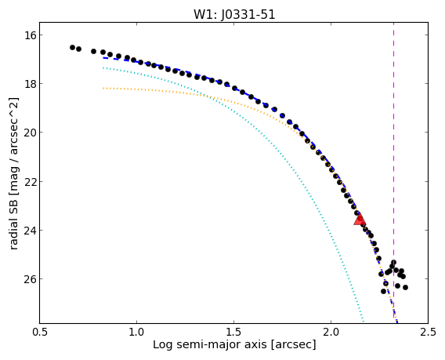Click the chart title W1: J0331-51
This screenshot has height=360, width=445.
click(234, 14)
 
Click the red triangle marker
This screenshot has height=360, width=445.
click(360, 220)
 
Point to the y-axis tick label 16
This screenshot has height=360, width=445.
click(30, 35)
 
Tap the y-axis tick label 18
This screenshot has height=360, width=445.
click(30, 84)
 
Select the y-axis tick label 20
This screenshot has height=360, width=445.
click(30, 133)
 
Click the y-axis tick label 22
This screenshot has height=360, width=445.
click(30, 181)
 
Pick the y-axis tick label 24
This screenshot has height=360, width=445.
click(30, 230)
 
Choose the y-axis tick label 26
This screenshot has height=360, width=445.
click(30, 279)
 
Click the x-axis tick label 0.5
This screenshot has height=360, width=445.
click(39, 332)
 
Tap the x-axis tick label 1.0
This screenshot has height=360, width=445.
click(136, 332)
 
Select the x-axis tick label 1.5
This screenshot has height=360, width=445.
click(233, 332)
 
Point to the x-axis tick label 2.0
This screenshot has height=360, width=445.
click(331, 332)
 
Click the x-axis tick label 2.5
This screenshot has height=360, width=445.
click(428, 332)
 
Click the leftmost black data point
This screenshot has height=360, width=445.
click(72, 47)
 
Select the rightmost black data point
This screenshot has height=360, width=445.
click(406, 288)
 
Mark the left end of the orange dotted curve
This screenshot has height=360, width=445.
click(103, 89)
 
